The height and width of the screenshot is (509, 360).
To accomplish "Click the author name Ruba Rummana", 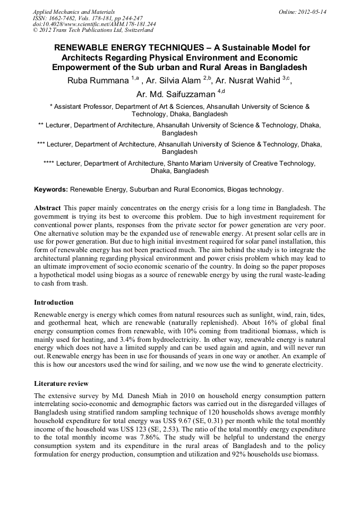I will pyautogui.click(x=97, y=81).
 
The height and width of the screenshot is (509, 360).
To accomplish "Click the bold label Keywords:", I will pyautogui.click(x=51, y=189).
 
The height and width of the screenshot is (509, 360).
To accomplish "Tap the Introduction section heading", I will pyautogui.click(x=54, y=303).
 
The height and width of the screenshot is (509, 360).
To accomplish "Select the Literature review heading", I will pyautogui.click(x=61, y=383).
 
